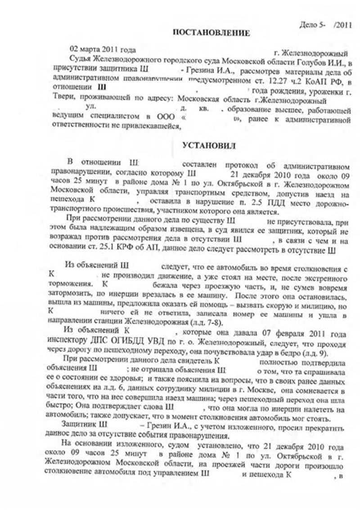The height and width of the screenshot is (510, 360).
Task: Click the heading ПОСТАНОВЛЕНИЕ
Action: coord(211,32)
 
